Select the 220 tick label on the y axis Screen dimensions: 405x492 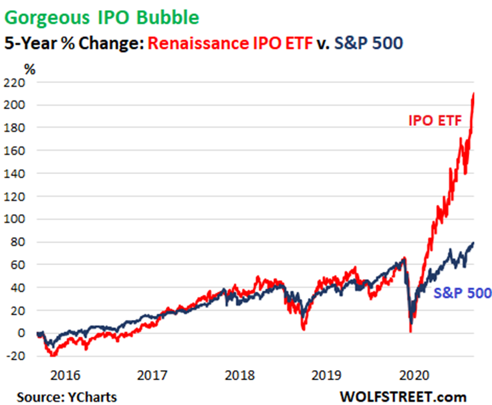tap(15, 83)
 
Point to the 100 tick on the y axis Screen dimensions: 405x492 tap(15, 220)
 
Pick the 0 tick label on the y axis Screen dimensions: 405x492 tap(22, 333)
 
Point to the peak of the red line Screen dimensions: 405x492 tap(473, 94)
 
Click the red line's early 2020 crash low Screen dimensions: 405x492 tap(410, 331)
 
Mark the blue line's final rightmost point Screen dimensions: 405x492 tap(473, 243)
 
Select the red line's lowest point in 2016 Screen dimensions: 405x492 tap(52, 355)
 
